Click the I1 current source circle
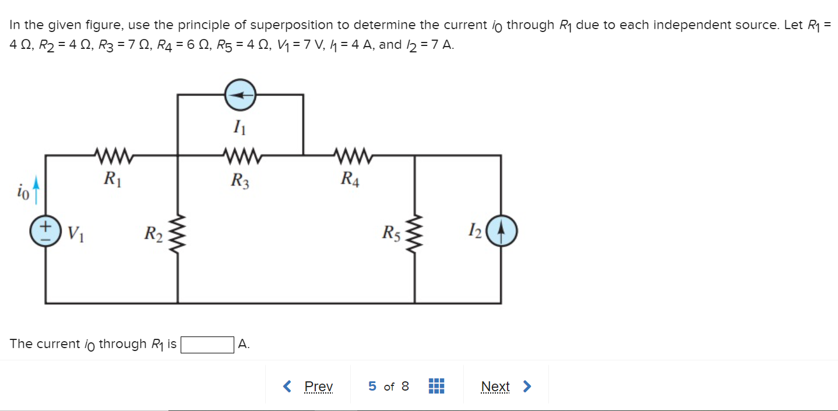(x=240, y=94)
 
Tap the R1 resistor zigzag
(x=113, y=155)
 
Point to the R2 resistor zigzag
(x=177, y=234)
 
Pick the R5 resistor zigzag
(x=414, y=234)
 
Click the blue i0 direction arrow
(x=36, y=192)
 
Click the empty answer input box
(x=207, y=345)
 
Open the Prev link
(x=318, y=387)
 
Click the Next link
(x=495, y=387)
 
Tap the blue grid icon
(x=436, y=387)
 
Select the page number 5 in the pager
(x=372, y=387)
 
